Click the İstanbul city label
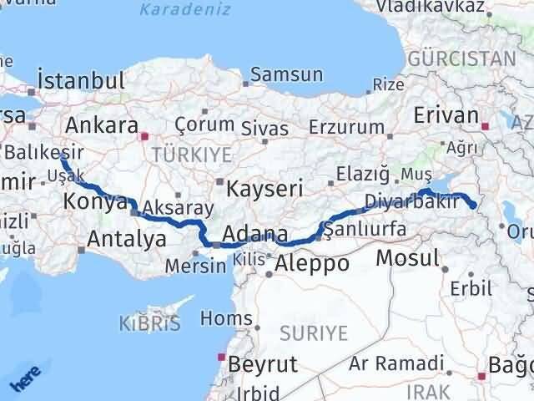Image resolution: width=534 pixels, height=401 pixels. tap(81, 81)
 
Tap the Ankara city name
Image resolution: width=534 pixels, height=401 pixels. tap(101, 125)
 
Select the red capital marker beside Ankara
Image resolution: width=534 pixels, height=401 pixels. tap(144, 134)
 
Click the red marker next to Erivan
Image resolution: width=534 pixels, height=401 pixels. tap(486, 126)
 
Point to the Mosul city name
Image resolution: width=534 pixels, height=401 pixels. tap(406, 258)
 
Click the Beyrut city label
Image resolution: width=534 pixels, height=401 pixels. tap(262, 364)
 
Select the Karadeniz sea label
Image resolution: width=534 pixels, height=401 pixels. tap(176, 10)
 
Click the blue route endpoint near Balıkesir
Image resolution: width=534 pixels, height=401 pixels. tap(64, 155)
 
